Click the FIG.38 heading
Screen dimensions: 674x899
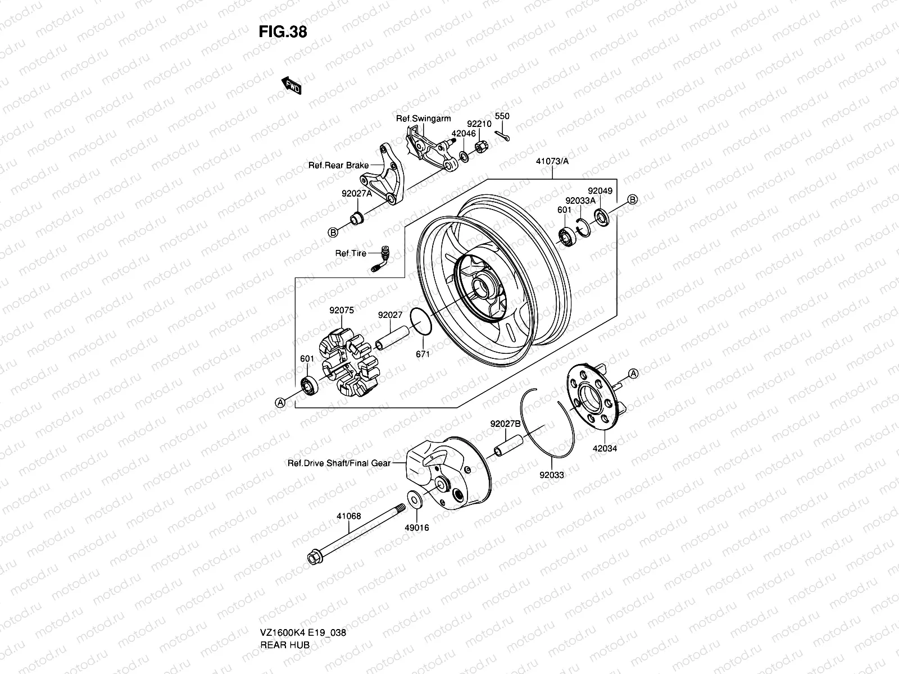coord(283,32)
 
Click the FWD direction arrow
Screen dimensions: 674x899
coord(292,85)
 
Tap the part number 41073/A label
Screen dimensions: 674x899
coord(552,161)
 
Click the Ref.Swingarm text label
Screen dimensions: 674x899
coord(424,119)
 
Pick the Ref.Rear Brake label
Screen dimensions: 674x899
coord(338,165)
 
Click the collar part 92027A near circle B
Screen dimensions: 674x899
coord(356,218)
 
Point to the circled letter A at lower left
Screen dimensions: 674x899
coord(279,402)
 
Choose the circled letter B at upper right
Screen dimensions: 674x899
coord(632,199)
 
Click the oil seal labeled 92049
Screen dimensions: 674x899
coord(602,217)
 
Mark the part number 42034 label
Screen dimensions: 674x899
coord(605,449)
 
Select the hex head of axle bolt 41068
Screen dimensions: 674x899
coord(313,558)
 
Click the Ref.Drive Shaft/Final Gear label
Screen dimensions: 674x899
coord(339,463)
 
